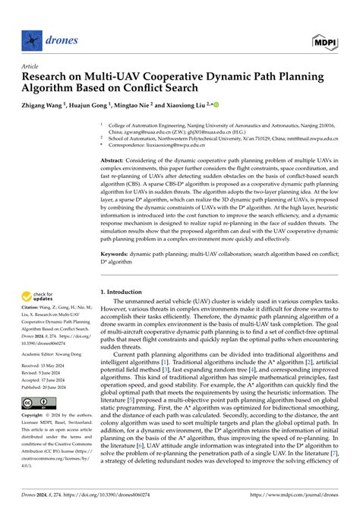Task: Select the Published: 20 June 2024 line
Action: tap(46, 388)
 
